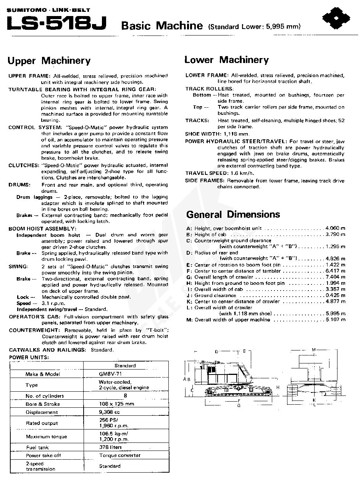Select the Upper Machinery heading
(49, 61)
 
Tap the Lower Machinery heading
(226, 60)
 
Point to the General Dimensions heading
(233, 215)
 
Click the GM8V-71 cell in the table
(111, 374)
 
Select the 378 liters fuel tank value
(110, 447)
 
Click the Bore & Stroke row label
(43, 404)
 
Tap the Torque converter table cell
(120, 455)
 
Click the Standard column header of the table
(125, 366)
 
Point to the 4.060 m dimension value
(336, 228)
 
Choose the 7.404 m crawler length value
(336, 277)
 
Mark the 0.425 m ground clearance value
(336, 295)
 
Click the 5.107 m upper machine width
(336, 320)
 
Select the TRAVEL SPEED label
(206, 173)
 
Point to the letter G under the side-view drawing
(239, 405)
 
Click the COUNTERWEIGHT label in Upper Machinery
(34, 330)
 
